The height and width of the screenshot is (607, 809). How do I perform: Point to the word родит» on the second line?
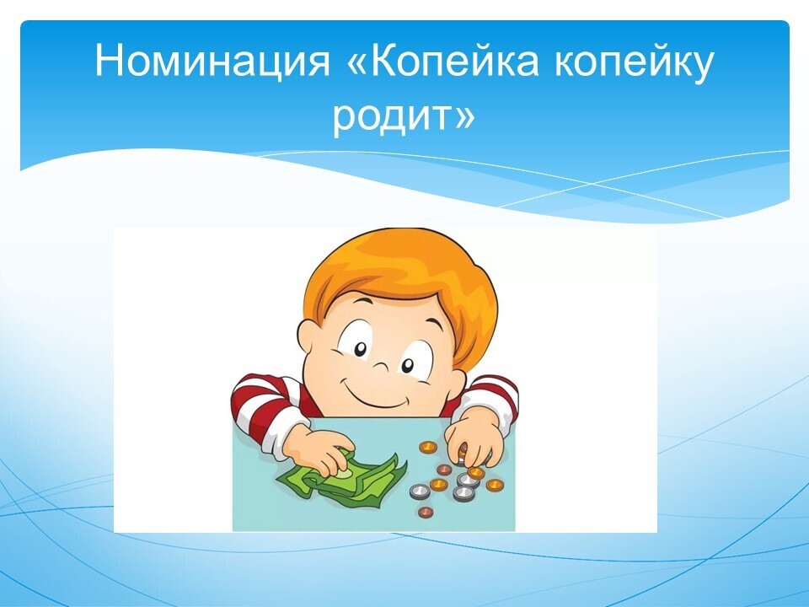click(x=404, y=115)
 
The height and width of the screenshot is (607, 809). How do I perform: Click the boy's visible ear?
click(x=308, y=340)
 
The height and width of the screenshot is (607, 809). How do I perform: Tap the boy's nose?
click(x=383, y=367)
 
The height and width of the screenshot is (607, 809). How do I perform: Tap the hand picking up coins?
click(x=474, y=437)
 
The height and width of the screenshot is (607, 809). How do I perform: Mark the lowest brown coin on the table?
click(x=425, y=512)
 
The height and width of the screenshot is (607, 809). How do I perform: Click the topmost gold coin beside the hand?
click(x=428, y=447)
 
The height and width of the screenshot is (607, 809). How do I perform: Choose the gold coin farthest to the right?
click(x=495, y=485)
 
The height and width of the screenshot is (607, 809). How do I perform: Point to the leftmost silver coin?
click(x=420, y=492)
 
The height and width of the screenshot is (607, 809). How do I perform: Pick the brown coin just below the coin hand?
click(x=444, y=470)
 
